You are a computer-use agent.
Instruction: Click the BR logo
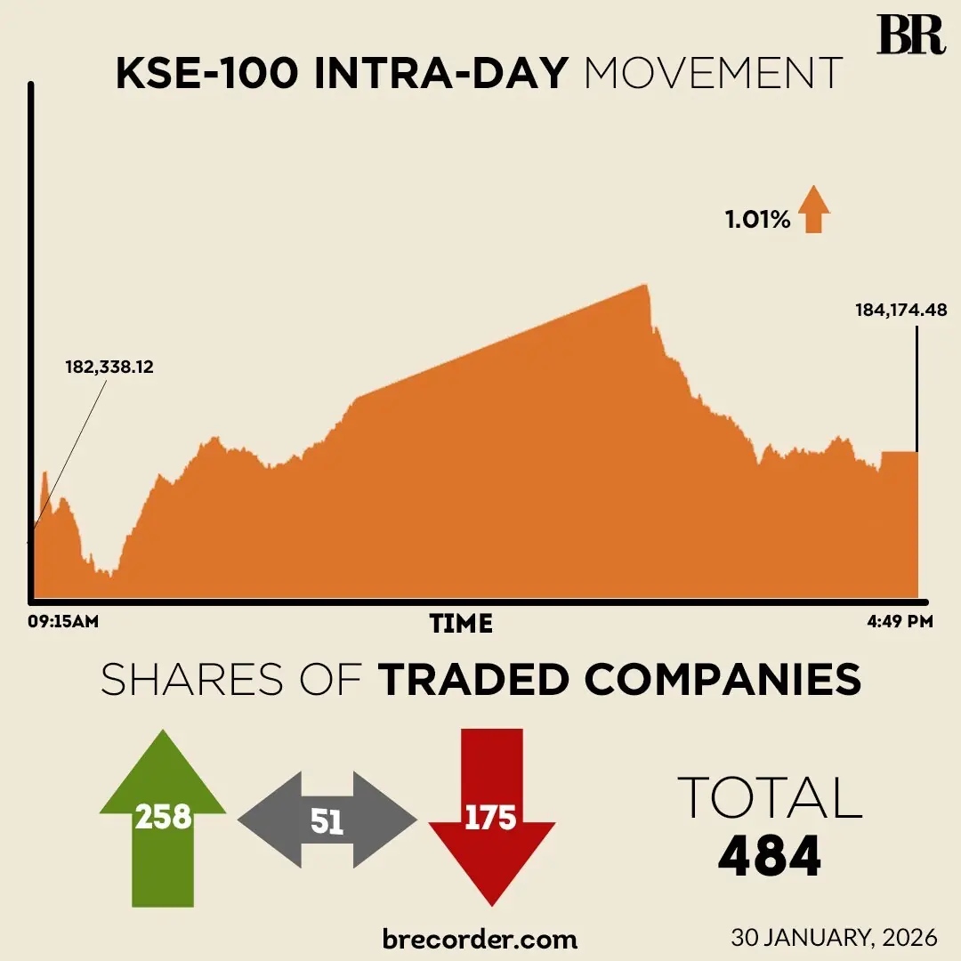(910, 35)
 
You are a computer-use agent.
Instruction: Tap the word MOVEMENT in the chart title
(713, 74)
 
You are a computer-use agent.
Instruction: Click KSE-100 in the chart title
(206, 74)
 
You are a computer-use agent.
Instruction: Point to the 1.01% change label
(757, 220)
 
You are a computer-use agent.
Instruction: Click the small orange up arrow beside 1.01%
(813, 209)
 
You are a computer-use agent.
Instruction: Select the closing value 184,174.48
(900, 311)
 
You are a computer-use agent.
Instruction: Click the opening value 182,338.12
(109, 367)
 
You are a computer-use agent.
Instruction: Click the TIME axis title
(461, 624)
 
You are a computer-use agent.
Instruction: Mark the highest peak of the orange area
(643, 286)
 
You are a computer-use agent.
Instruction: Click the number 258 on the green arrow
(163, 816)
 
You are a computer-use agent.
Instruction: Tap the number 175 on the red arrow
(490, 817)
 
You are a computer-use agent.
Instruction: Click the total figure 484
(769, 856)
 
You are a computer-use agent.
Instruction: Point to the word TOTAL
(770, 797)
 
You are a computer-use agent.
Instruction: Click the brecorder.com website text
(480, 938)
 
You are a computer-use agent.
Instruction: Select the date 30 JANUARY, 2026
(834, 937)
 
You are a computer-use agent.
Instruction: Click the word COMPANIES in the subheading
(723, 681)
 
